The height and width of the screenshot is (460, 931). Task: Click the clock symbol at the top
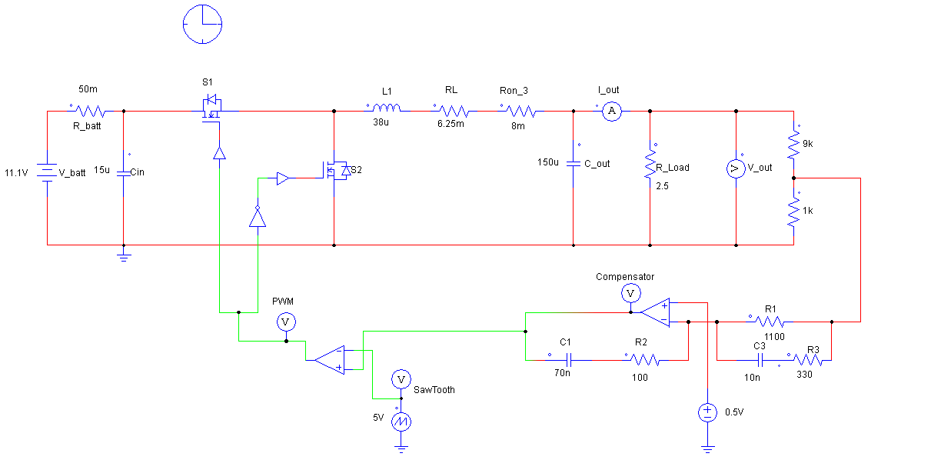coord(202,24)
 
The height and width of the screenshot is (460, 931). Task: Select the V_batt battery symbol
coord(48,173)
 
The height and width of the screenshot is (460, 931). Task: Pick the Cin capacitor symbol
coord(124,173)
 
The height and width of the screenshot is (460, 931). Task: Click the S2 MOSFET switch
coord(337,171)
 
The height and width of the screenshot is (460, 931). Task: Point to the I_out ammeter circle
coord(611,112)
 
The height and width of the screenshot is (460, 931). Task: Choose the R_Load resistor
coord(650,164)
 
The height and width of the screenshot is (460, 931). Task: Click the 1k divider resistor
coord(794,212)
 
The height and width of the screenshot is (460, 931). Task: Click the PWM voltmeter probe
coord(285,321)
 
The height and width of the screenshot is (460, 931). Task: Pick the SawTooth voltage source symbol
coord(400,422)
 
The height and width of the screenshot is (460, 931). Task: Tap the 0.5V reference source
coord(707,412)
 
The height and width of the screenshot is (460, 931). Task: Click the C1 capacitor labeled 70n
coord(569,359)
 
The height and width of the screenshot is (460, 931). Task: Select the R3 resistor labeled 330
coord(807,359)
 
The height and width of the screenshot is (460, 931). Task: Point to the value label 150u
coord(548,162)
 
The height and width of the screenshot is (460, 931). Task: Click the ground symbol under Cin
coord(124,256)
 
